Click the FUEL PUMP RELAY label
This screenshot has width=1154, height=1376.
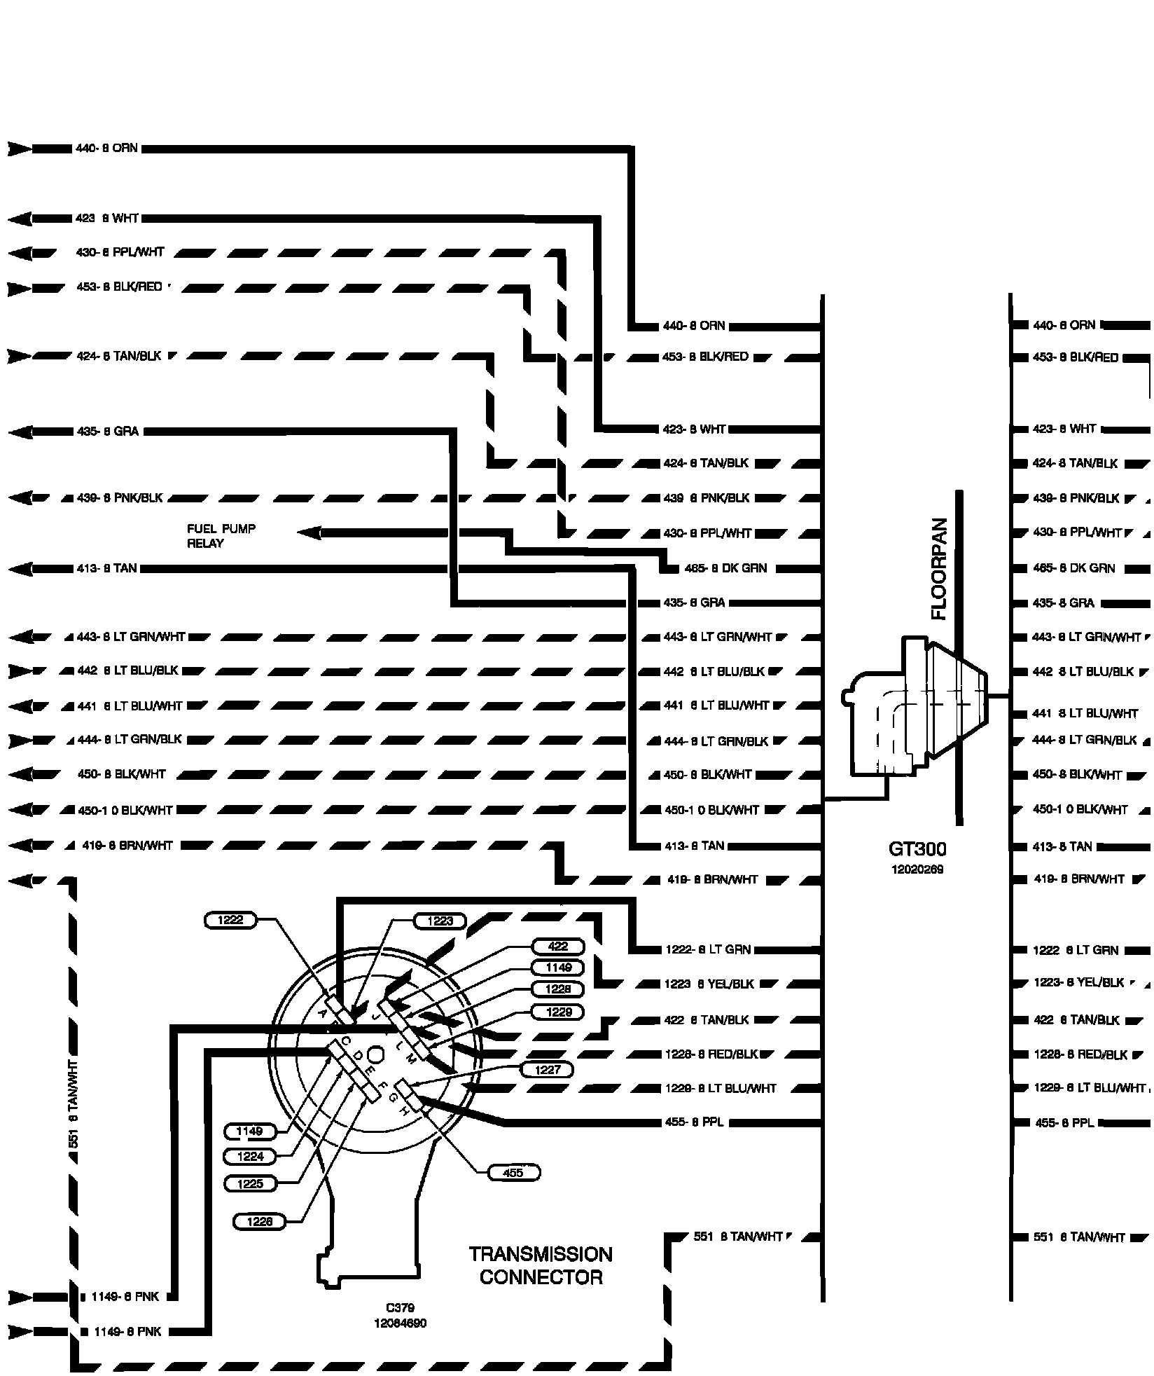point(221,536)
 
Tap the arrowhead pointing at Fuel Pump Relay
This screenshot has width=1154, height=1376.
point(309,534)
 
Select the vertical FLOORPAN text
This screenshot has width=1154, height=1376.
point(938,569)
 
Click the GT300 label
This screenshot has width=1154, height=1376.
point(917,849)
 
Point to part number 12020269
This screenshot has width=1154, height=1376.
point(917,869)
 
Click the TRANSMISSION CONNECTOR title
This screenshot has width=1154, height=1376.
point(540,1265)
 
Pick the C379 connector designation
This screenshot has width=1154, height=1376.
point(400,1307)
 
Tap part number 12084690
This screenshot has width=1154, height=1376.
point(400,1323)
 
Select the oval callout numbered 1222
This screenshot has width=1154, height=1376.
point(230,920)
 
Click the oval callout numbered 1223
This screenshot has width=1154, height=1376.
point(440,921)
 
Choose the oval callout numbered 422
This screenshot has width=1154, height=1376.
point(557,947)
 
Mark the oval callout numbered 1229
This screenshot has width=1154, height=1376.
point(557,1012)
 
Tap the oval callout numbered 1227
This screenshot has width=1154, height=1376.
point(548,1070)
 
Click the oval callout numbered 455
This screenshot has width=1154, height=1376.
point(513,1173)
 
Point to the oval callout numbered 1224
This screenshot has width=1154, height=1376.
point(250,1157)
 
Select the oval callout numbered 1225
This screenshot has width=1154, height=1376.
point(250,1184)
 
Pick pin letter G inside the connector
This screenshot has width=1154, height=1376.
point(393,1098)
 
